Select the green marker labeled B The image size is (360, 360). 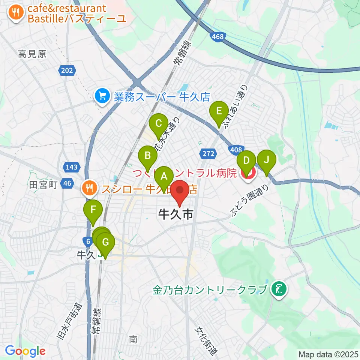[x=148, y=156]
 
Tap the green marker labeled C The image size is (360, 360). [x=158, y=123]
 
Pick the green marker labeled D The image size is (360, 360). [x=246, y=161]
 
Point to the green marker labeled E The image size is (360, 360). [x=219, y=111]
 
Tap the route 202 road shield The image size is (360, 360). [x=67, y=70]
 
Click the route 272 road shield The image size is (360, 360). [x=208, y=153]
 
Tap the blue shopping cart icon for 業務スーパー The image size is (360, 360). [x=102, y=97]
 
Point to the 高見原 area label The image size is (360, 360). [x=32, y=54]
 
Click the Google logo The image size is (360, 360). [x=25, y=351]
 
